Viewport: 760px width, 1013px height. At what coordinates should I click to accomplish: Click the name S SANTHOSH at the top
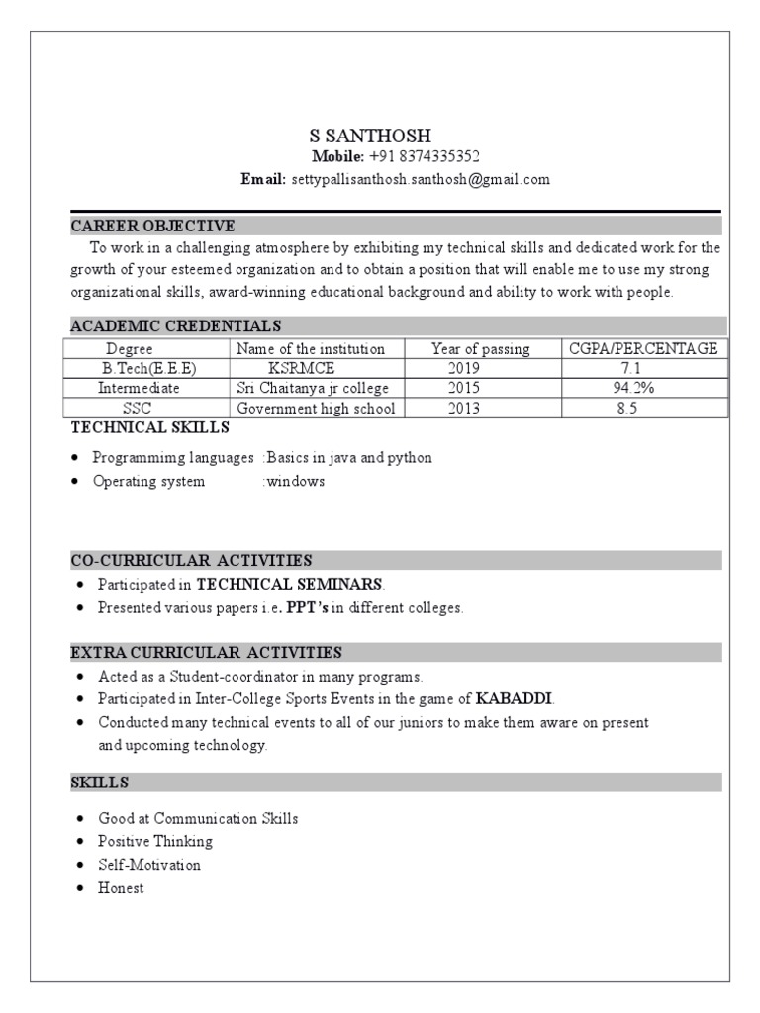(370, 136)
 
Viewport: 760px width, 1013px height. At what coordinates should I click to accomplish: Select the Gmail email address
(420, 179)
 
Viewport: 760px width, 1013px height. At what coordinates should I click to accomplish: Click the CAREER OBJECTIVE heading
(152, 226)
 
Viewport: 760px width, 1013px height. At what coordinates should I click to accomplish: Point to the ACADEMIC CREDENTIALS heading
(175, 325)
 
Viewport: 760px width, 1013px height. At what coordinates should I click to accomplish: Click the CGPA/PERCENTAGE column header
(643, 348)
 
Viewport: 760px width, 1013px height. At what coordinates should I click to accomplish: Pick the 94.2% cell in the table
(633, 388)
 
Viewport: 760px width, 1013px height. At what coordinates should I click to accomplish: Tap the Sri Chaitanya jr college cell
(313, 388)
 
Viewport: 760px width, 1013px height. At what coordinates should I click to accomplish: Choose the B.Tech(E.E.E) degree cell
(149, 368)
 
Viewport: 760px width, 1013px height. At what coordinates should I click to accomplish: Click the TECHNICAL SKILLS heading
(149, 427)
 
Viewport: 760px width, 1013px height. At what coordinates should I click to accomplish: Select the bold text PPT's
(307, 608)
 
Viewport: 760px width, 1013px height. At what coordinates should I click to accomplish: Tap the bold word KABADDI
(515, 698)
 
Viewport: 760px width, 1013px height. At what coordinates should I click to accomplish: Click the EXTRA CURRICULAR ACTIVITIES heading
(206, 652)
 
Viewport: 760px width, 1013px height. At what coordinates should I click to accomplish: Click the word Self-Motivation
(148, 865)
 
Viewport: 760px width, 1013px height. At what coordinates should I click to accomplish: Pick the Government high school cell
(316, 408)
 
